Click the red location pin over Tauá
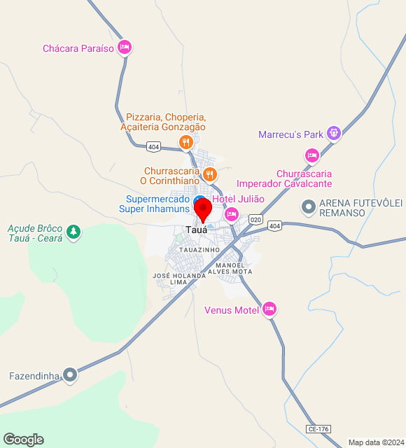203,209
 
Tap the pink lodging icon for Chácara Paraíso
125,48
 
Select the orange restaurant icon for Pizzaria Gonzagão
185,143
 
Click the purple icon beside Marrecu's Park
334,133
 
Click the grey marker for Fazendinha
69,375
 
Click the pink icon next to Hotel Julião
232,214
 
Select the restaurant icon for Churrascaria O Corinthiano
209,173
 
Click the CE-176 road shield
318,428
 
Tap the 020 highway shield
255,220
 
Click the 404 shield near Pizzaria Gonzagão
153,147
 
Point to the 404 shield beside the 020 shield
274,225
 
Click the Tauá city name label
196,230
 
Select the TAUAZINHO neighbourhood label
199,249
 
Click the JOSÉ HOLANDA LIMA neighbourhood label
179,279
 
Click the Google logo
23,440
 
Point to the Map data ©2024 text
376,442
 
